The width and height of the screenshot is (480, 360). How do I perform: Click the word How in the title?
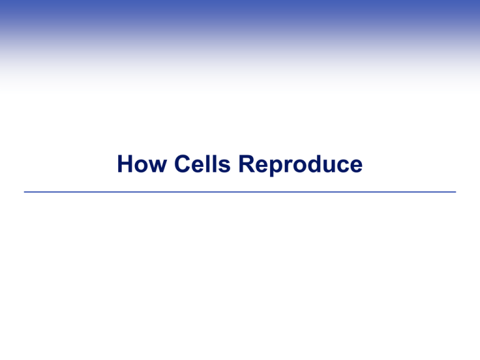[142, 164]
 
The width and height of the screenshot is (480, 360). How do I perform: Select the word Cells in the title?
[202, 164]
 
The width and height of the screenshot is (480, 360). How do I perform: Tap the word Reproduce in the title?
[300, 165]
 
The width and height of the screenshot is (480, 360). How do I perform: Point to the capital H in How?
[125, 164]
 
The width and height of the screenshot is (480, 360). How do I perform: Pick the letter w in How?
[158, 166]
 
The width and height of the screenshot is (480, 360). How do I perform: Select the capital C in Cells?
[182, 164]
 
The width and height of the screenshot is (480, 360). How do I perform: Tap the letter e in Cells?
[199, 166]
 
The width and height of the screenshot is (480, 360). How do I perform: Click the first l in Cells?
[209, 164]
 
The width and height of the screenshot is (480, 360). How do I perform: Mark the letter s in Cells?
[224, 166]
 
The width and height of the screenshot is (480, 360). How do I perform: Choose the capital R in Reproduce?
[246, 164]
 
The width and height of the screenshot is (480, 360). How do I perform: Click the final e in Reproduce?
[356, 166]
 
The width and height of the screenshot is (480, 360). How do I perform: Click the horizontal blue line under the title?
[240, 192]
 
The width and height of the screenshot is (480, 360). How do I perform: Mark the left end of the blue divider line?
[24, 192]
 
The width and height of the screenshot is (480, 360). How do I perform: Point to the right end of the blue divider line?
[456, 192]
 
